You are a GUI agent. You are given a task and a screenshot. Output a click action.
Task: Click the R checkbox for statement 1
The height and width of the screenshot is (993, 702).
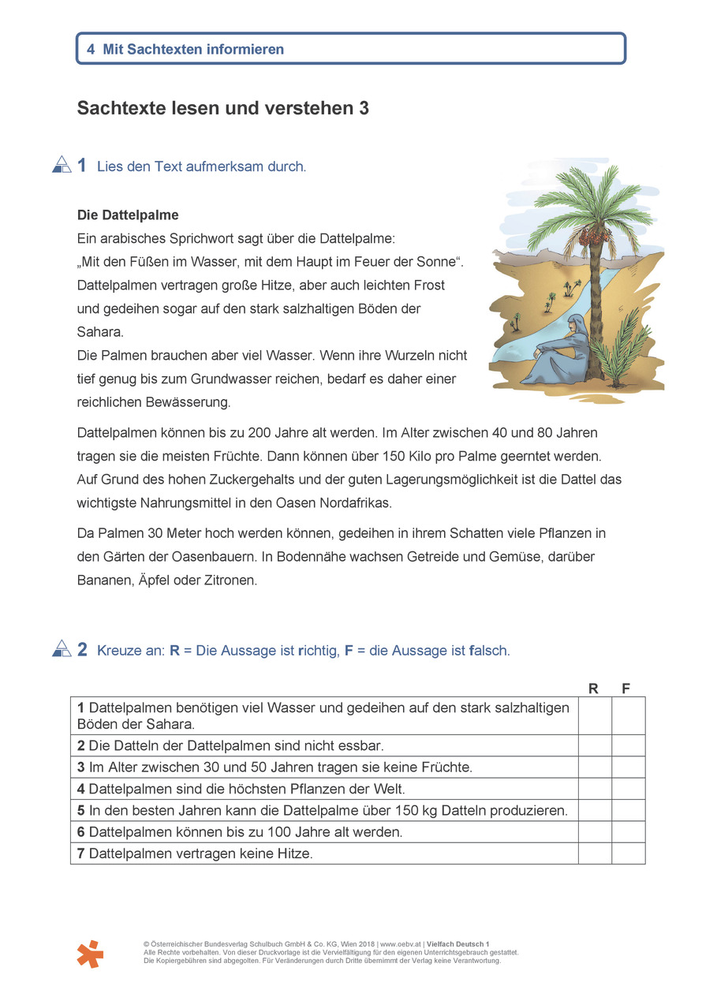(x=595, y=715)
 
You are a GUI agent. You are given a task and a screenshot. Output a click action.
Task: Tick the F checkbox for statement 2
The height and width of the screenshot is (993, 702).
(x=629, y=745)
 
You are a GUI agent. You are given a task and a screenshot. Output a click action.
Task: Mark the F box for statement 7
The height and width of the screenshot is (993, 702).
(x=629, y=853)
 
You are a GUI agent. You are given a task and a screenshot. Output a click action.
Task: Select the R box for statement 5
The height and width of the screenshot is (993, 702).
(x=595, y=810)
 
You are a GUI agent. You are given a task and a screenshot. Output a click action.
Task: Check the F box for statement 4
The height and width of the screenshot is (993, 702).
(x=629, y=789)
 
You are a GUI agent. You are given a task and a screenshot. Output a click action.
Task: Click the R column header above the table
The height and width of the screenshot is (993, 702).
(x=594, y=689)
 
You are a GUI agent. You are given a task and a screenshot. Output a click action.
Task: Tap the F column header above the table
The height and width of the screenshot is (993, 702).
(x=626, y=689)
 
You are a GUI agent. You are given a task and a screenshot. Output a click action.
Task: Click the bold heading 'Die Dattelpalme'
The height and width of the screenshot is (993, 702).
(x=128, y=215)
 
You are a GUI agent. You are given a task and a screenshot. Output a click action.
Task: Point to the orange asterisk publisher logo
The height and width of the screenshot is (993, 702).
(x=90, y=954)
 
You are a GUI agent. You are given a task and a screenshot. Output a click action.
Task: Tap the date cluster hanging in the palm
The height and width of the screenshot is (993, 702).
(x=587, y=233)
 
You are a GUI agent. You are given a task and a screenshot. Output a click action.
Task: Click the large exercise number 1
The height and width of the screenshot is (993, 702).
(x=82, y=166)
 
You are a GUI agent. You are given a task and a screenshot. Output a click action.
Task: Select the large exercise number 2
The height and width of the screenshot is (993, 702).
(x=82, y=650)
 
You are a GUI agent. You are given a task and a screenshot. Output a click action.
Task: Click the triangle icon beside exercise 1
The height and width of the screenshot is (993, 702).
(x=62, y=164)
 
